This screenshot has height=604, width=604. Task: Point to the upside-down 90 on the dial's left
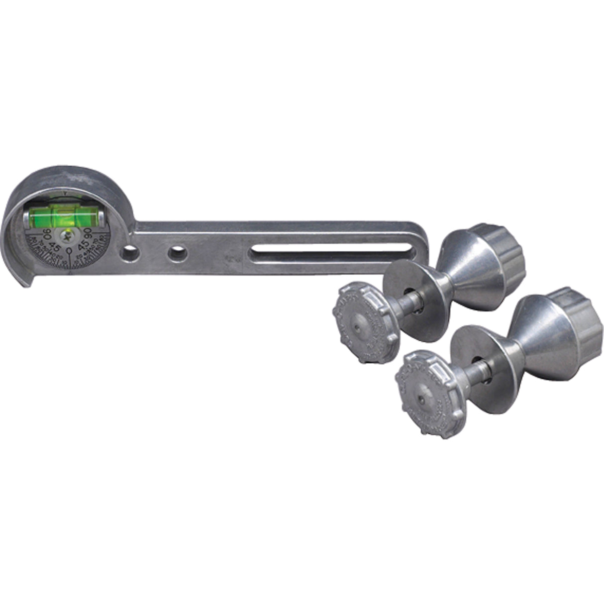(x=47, y=233)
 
